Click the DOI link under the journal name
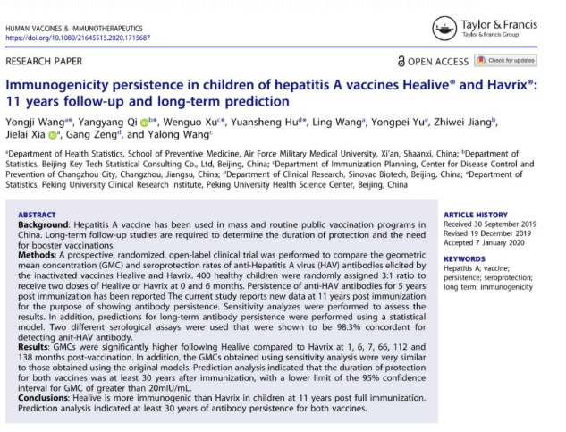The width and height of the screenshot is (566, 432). (78, 39)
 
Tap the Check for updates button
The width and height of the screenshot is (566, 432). (506, 60)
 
